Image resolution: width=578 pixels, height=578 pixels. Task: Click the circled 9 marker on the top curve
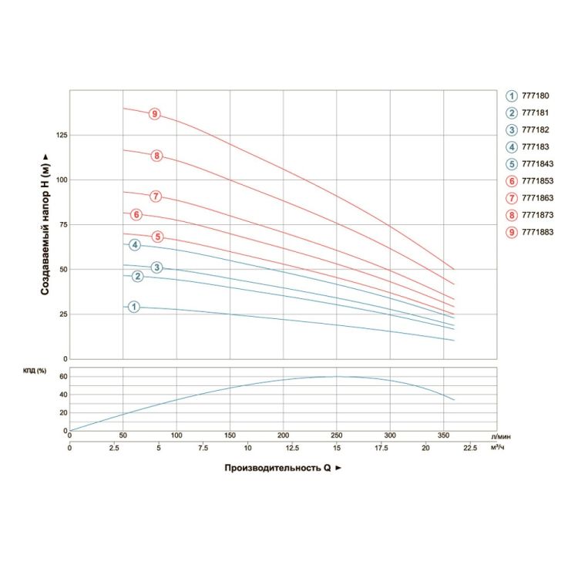click(x=155, y=114)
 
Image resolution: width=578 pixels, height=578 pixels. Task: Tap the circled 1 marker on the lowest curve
click(x=134, y=307)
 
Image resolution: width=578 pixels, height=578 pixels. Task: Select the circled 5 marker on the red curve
click(x=158, y=237)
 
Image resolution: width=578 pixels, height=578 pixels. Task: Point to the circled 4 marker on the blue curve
click(x=135, y=245)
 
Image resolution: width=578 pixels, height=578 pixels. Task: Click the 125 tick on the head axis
click(x=61, y=136)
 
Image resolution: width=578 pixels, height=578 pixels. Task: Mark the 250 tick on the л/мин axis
click(x=337, y=436)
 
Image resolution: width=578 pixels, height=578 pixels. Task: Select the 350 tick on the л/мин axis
click(x=443, y=436)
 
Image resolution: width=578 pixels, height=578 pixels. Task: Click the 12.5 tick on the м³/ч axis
click(x=283, y=448)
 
